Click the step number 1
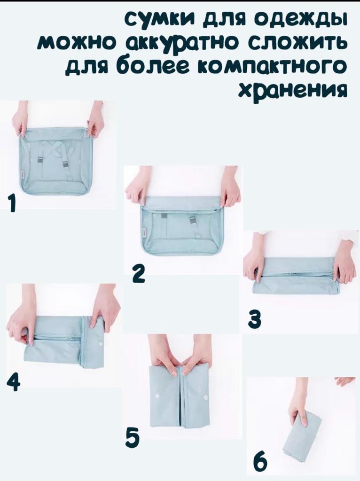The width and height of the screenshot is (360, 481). click(12, 204)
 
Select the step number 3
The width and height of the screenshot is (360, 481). click(255, 319)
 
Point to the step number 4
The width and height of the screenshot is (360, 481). click(14, 382)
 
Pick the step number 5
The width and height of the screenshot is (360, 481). click(133, 438)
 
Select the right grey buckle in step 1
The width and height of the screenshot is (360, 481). click(66, 164)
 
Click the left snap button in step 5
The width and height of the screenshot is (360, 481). click(157, 396)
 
